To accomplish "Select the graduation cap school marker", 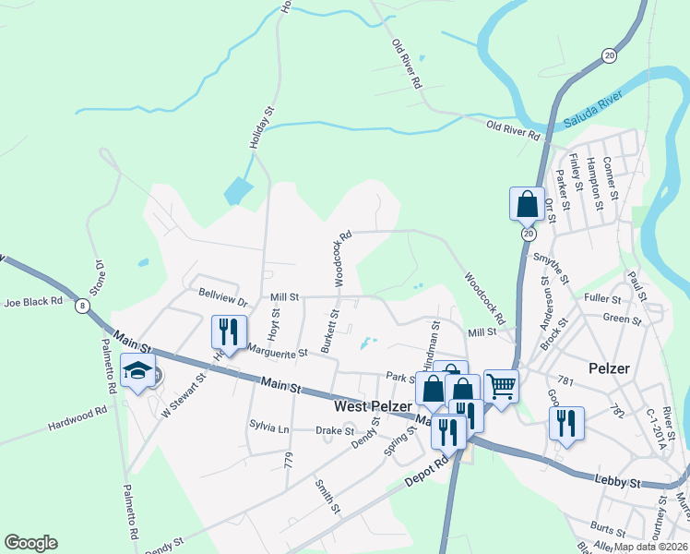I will [138, 372].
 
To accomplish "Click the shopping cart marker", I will [501, 386].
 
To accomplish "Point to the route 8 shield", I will [84, 306].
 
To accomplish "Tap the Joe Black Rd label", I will [32, 302].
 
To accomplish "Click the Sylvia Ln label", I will [268, 428].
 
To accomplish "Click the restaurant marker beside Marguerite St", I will [226, 331].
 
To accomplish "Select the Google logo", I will [30, 543].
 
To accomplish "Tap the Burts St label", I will [608, 529].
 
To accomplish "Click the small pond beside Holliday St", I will [238, 191].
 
